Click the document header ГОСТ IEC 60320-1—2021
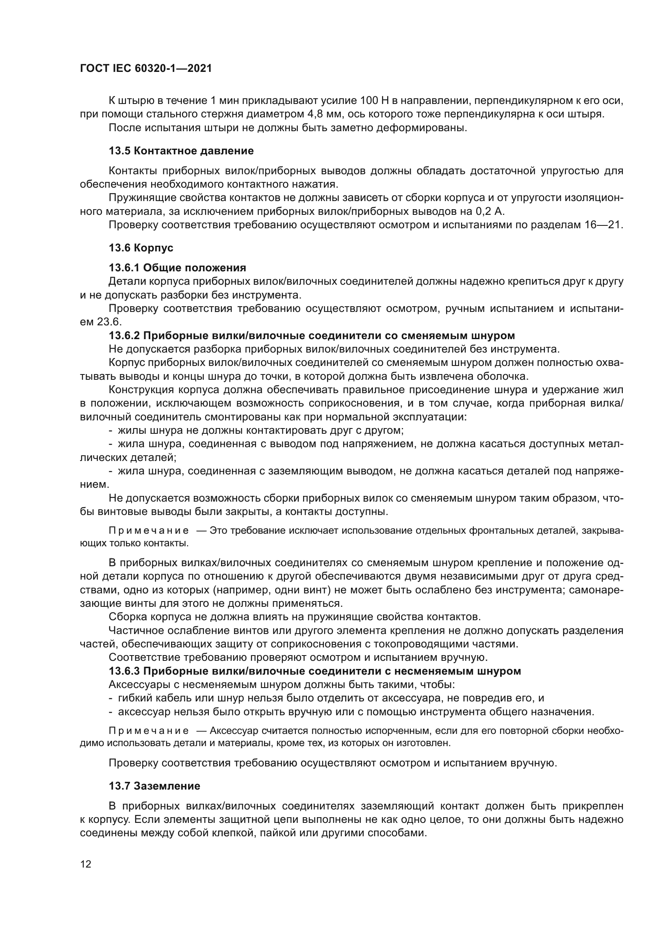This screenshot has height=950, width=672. pyautogui.click(x=146, y=68)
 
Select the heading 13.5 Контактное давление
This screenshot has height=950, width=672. pyautogui.click(x=181, y=151)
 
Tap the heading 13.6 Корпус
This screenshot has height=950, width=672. pyautogui.click(x=141, y=248)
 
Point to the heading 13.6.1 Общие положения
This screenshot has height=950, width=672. pyautogui.click(x=177, y=268)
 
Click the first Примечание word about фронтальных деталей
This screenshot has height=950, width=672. pyautogui.click(x=149, y=531)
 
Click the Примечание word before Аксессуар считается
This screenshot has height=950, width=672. pyautogui.click(x=149, y=731)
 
